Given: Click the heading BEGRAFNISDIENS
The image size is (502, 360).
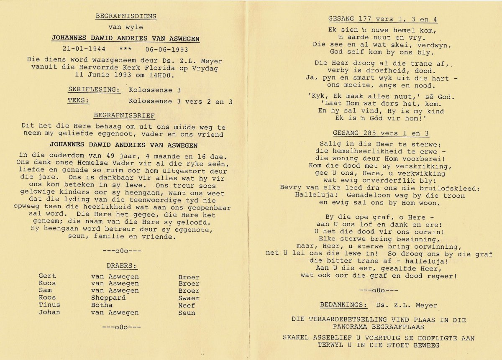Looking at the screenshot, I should [125, 16].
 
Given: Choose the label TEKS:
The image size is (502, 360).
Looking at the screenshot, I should [79, 101].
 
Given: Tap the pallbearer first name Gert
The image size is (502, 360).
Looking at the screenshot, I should [47, 276].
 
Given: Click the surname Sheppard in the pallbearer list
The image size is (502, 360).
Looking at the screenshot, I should [108, 298].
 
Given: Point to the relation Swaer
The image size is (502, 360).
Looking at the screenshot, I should [189, 298].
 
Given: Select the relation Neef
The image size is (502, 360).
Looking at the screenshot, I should [186, 305].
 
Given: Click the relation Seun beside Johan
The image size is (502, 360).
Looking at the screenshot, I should [187, 312].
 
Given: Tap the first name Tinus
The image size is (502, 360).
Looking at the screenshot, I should [49, 305].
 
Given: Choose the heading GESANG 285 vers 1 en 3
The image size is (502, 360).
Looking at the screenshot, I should [381, 133].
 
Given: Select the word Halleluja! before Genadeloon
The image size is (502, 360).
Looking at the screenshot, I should [316, 195].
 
